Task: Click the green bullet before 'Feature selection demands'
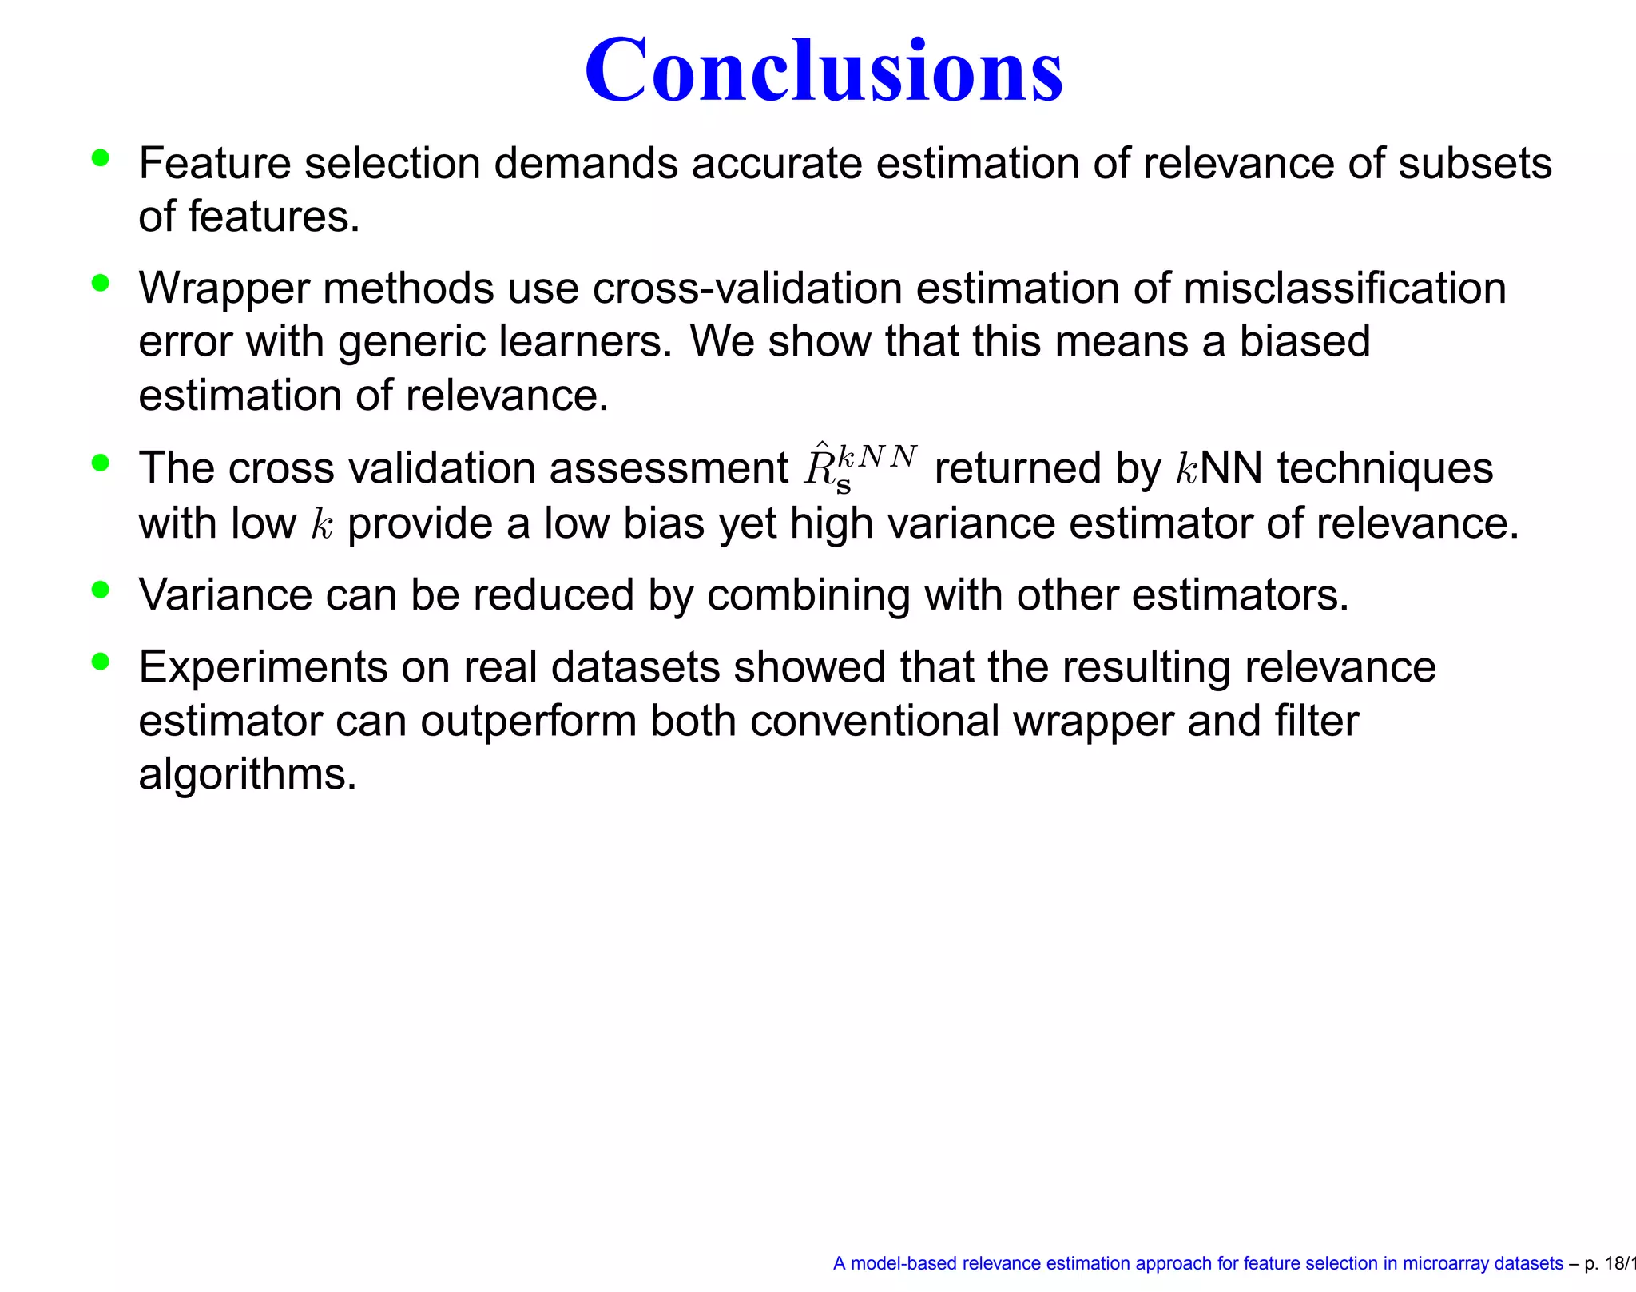pyautogui.click(x=100, y=157)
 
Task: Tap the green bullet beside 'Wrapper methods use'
pyautogui.click(x=100, y=283)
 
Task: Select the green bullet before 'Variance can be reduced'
pyautogui.click(x=100, y=590)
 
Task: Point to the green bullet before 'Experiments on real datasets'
pyautogui.click(x=100, y=662)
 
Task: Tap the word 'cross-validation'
pyautogui.click(x=747, y=288)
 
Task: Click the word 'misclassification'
pyautogui.click(x=1344, y=288)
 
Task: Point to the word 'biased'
pyautogui.click(x=1304, y=341)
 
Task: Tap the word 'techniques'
pyautogui.click(x=1384, y=468)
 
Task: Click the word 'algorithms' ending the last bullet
pyautogui.click(x=247, y=775)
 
